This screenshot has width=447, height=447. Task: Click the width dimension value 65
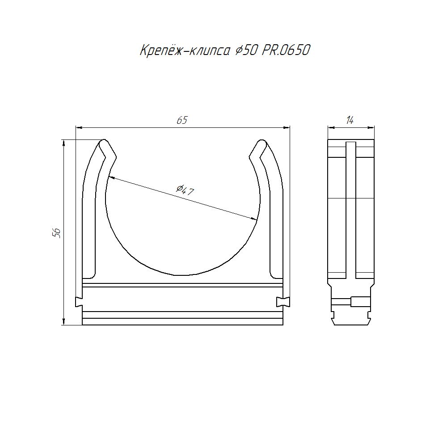coord(182,120)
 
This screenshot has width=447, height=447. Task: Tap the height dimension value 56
coord(56,233)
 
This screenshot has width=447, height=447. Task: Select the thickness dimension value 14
coord(350,120)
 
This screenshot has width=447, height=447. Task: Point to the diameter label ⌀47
coord(185,190)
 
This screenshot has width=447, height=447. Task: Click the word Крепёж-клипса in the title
coord(185,51)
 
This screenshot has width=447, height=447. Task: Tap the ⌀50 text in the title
coord(246,51)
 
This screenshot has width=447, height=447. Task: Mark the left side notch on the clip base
coord(79,302)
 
